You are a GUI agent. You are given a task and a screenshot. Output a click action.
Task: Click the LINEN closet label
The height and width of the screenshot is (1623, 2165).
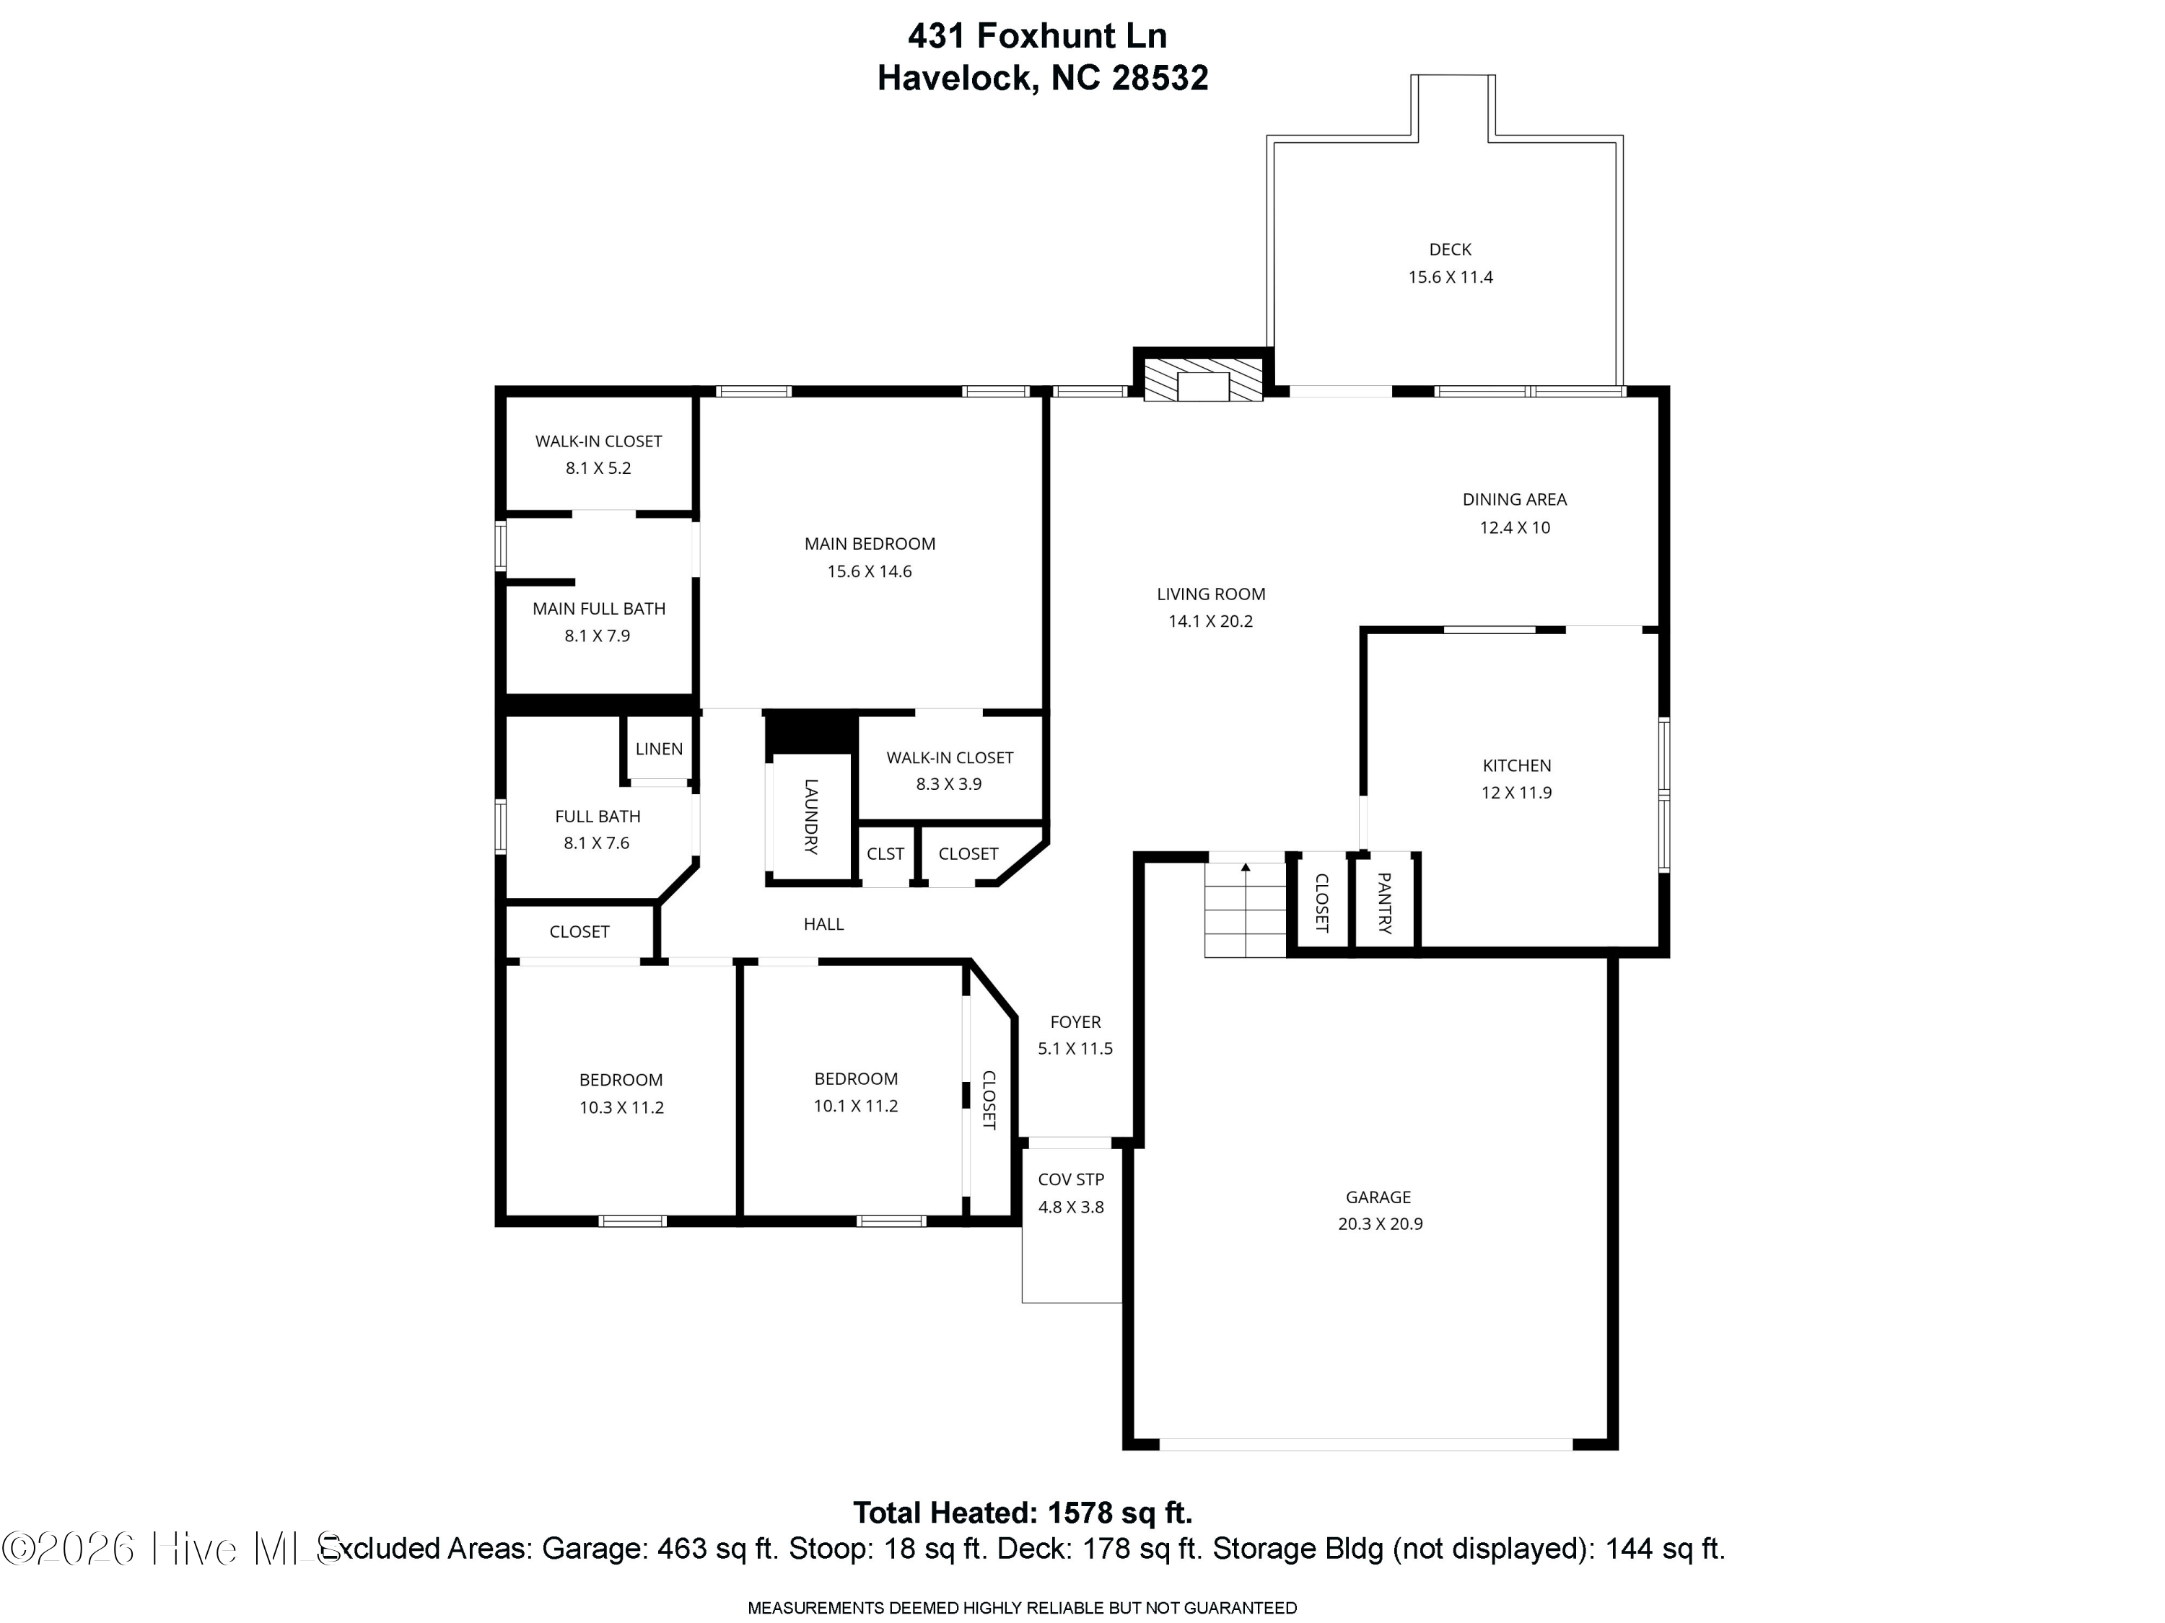pyautogui.click(x=659, y=749)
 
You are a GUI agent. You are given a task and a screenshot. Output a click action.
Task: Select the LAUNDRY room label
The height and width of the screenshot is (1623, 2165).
pyautogui.click(x=811, y=817)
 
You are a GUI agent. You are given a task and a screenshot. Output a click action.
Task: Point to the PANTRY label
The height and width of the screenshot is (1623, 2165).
pyautogui.click(x=1385, y=903)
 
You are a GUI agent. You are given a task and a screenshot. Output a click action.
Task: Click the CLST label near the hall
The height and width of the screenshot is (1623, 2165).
pyautogui.click(x=885, y=854)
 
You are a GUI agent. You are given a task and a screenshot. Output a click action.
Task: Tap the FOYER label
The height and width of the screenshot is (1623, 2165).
pyautogui.click(x=1076, y=1022)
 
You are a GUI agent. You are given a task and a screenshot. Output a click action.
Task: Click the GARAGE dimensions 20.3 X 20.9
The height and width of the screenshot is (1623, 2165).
pyautogui.click(x=1380, y=1224)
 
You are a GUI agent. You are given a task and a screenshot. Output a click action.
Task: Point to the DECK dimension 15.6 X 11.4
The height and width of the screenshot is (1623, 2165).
pyautogui.click(x=1451, y=278)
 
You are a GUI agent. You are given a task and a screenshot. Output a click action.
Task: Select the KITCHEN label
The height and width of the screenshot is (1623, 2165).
pyautogui.click(x=1517, y=766)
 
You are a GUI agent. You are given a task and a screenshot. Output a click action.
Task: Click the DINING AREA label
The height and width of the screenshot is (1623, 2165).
pyautogui.click(x=1515, y=500)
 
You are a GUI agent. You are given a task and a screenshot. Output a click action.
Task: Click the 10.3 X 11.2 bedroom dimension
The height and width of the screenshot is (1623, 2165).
pyautogui.click(x=621, y=1107)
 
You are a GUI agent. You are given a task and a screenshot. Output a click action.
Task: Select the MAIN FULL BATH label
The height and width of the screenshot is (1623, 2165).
pyautogui.click(x=599, y=609)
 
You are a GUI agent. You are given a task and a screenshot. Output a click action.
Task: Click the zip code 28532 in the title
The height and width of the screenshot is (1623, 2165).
pyautogui.click(x=1159, y=77)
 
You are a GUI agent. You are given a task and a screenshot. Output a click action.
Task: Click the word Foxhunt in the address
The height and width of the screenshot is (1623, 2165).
pyautogui.click(x=1046, y=35)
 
